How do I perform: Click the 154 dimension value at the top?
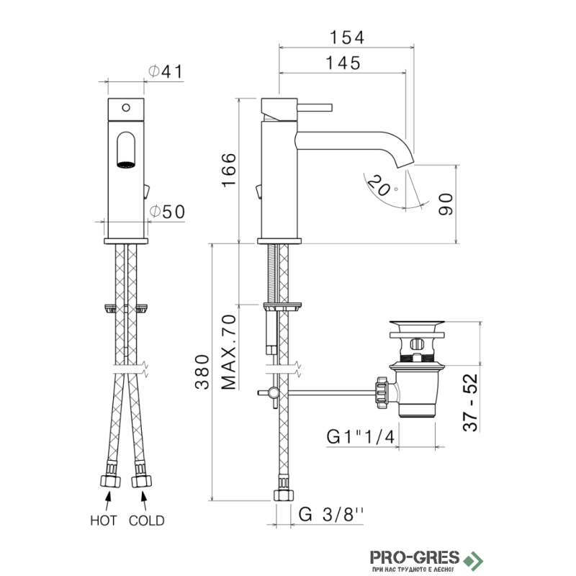tap(347, 37)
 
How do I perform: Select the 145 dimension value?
tap(343, 63)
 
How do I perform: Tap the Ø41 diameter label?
tap(166, 71)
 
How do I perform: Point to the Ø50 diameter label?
tap(167, 212)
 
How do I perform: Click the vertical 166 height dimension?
tap(229, 170)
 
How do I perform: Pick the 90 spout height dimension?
tap(446, 204)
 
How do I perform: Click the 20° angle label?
tap(382, 186)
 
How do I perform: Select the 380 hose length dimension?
tap(202, 372)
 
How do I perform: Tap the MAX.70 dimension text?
tap(229, 352)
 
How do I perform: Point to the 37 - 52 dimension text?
tap(471, 402)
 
